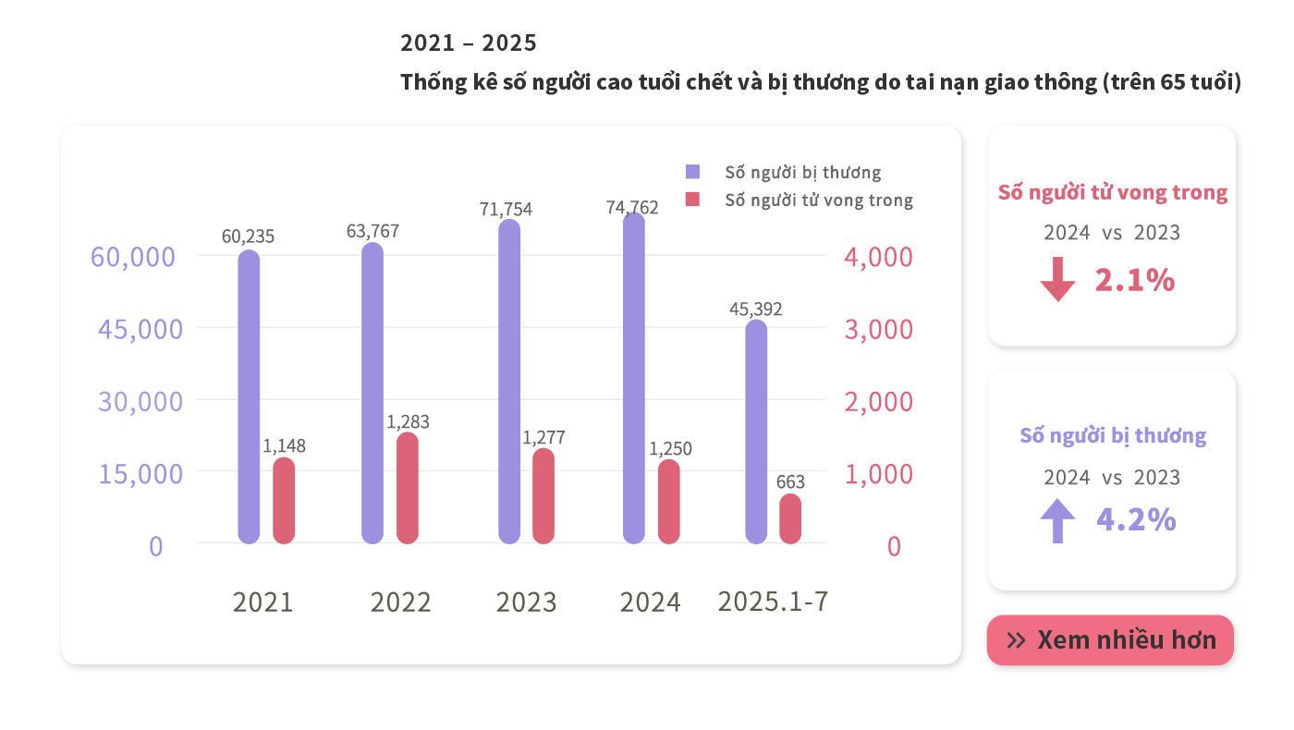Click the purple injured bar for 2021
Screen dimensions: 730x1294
[249, 396]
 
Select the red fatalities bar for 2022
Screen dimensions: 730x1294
[408, 488]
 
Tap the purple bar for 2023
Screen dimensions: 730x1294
[509, 381]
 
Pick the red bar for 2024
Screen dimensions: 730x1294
[668, 501]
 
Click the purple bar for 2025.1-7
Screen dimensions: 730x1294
[756, 432]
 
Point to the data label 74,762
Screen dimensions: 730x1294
[632, 208]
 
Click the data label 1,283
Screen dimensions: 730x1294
[408, 422]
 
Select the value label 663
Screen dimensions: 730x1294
[790, 482]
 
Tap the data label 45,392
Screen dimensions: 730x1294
[755, 310]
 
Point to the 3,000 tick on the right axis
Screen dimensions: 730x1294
[878, 330]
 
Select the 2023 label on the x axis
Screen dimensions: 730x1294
[527, 602]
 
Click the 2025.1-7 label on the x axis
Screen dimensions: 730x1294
[773, 602]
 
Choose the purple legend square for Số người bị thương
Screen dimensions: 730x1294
[693, 172]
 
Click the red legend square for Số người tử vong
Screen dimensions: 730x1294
[693, 200]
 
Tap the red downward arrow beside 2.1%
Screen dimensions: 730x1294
[1057, 280]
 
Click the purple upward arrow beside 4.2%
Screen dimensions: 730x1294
[1057, 520]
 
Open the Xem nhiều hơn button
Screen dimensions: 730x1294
[1110, 640]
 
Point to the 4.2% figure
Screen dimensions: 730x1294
[1136, 520]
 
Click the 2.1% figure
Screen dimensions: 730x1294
[1134, 280]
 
